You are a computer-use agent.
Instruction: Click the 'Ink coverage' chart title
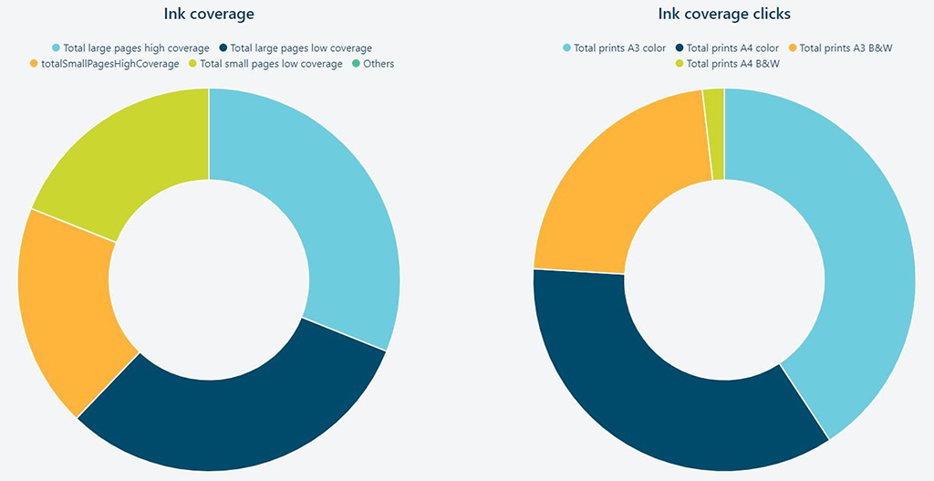tap(209, 14)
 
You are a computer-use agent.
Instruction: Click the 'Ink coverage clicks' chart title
tap(724, 14)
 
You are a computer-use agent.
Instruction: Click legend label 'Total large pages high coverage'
tap(136, 47)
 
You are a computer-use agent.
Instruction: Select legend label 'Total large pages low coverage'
tap(301, 47)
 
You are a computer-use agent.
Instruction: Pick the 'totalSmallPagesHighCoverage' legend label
tap(110, 64)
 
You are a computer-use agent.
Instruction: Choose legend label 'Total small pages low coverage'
tap(271, 64)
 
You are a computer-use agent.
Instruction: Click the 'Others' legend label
tap(379, 64)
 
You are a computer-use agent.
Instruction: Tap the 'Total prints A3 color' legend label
tap(620, 47)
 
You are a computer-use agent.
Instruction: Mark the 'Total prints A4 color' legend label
tap(732, 47)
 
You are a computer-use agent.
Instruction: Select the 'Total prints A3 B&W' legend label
tap(846, 47)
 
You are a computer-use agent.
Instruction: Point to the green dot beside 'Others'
tap(356, 64)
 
